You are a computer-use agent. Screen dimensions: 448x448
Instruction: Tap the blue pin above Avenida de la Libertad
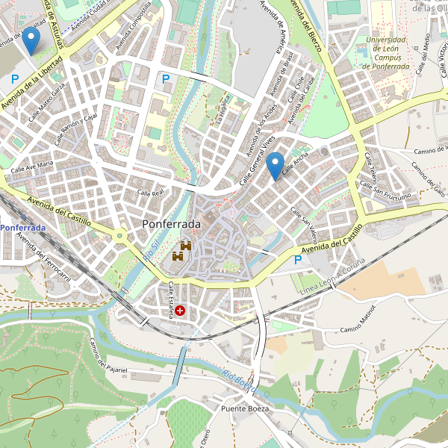tap(31, 40)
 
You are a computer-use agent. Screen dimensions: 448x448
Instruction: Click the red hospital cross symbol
tap(180, 309)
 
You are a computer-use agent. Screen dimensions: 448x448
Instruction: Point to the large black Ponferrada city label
tap(171, 224)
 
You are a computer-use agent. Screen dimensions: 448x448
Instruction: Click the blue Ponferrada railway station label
tap(22, 227)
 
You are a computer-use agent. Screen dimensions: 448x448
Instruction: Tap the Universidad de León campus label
tap(386, 53)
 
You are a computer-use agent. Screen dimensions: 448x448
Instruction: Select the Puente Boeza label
tap(244, 409)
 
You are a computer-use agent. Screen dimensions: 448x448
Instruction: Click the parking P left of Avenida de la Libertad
tap(15, 78)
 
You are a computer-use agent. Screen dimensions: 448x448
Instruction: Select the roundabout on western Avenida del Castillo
tap(119, 237)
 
